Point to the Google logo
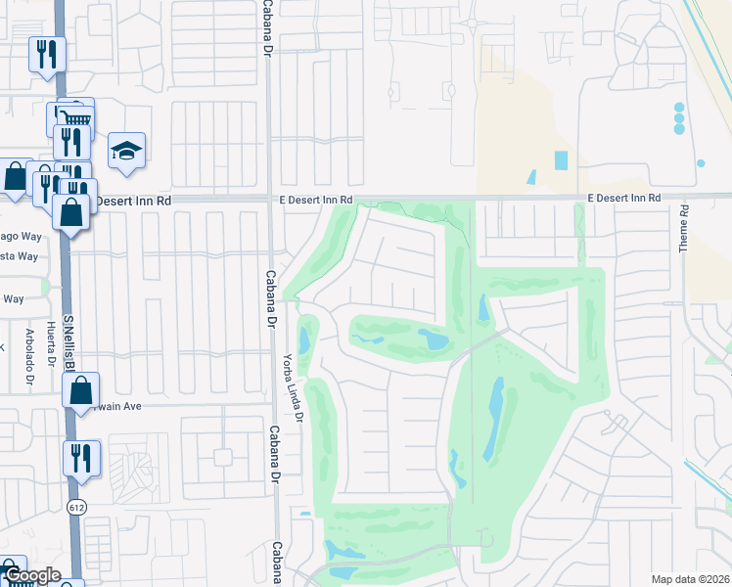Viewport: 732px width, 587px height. tap(32, 576)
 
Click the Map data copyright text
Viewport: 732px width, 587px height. tap(689, 579)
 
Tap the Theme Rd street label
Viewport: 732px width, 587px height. tap(684, 228)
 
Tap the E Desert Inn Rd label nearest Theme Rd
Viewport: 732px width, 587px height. tap(624, 199)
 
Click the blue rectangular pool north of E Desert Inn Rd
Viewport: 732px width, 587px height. tap(561, 159)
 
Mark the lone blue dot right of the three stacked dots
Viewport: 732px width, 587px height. tap(701, 162)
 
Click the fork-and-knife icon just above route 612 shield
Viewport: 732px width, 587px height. tap(81, 458)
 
